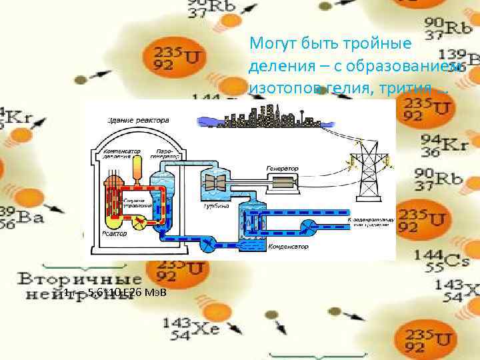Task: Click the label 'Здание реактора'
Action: pyautogui.click(x=139, y=120)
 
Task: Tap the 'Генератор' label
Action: pyautogui.click(x=282, y=168)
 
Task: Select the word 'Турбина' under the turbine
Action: pyautogui.click(x=216, y=207)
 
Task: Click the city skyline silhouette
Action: pyautogui.click(x=266, y=117)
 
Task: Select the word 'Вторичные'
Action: pyautogui.click(x=63, y=277)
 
